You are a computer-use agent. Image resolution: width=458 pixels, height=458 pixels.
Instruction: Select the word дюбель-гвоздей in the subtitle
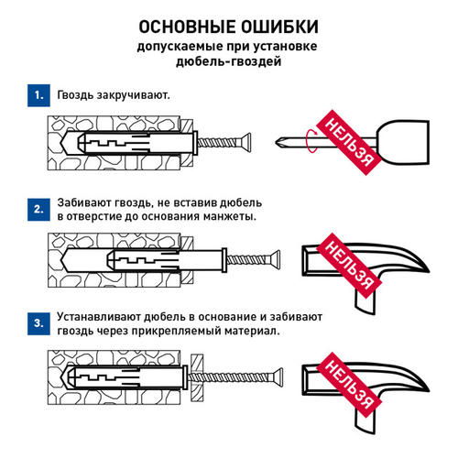(228, 61)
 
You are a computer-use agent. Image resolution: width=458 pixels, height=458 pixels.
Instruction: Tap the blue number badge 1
(37, 95)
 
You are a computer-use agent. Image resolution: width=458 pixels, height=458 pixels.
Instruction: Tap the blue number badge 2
(37, 209)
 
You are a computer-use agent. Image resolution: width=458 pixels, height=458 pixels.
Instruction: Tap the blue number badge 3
(37, 322)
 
